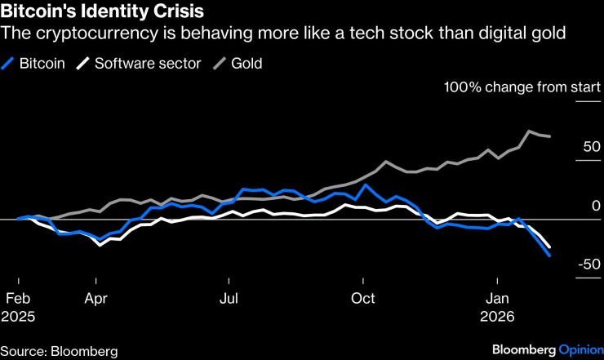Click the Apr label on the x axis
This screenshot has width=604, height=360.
tap(96, 298)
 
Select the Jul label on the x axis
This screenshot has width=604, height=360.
tap(230, 298)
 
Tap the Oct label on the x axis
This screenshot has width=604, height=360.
tap(364, 298)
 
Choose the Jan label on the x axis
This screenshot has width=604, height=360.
tap(499, 298)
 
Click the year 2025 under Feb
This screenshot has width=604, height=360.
tap(20, 315)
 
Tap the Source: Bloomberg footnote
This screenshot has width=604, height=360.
tap(59, 351)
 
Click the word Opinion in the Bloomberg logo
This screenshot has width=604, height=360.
tap(580, 350)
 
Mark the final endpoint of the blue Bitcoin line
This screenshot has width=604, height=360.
tap(549, 256)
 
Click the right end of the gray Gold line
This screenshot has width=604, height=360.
tap(549, 136)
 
